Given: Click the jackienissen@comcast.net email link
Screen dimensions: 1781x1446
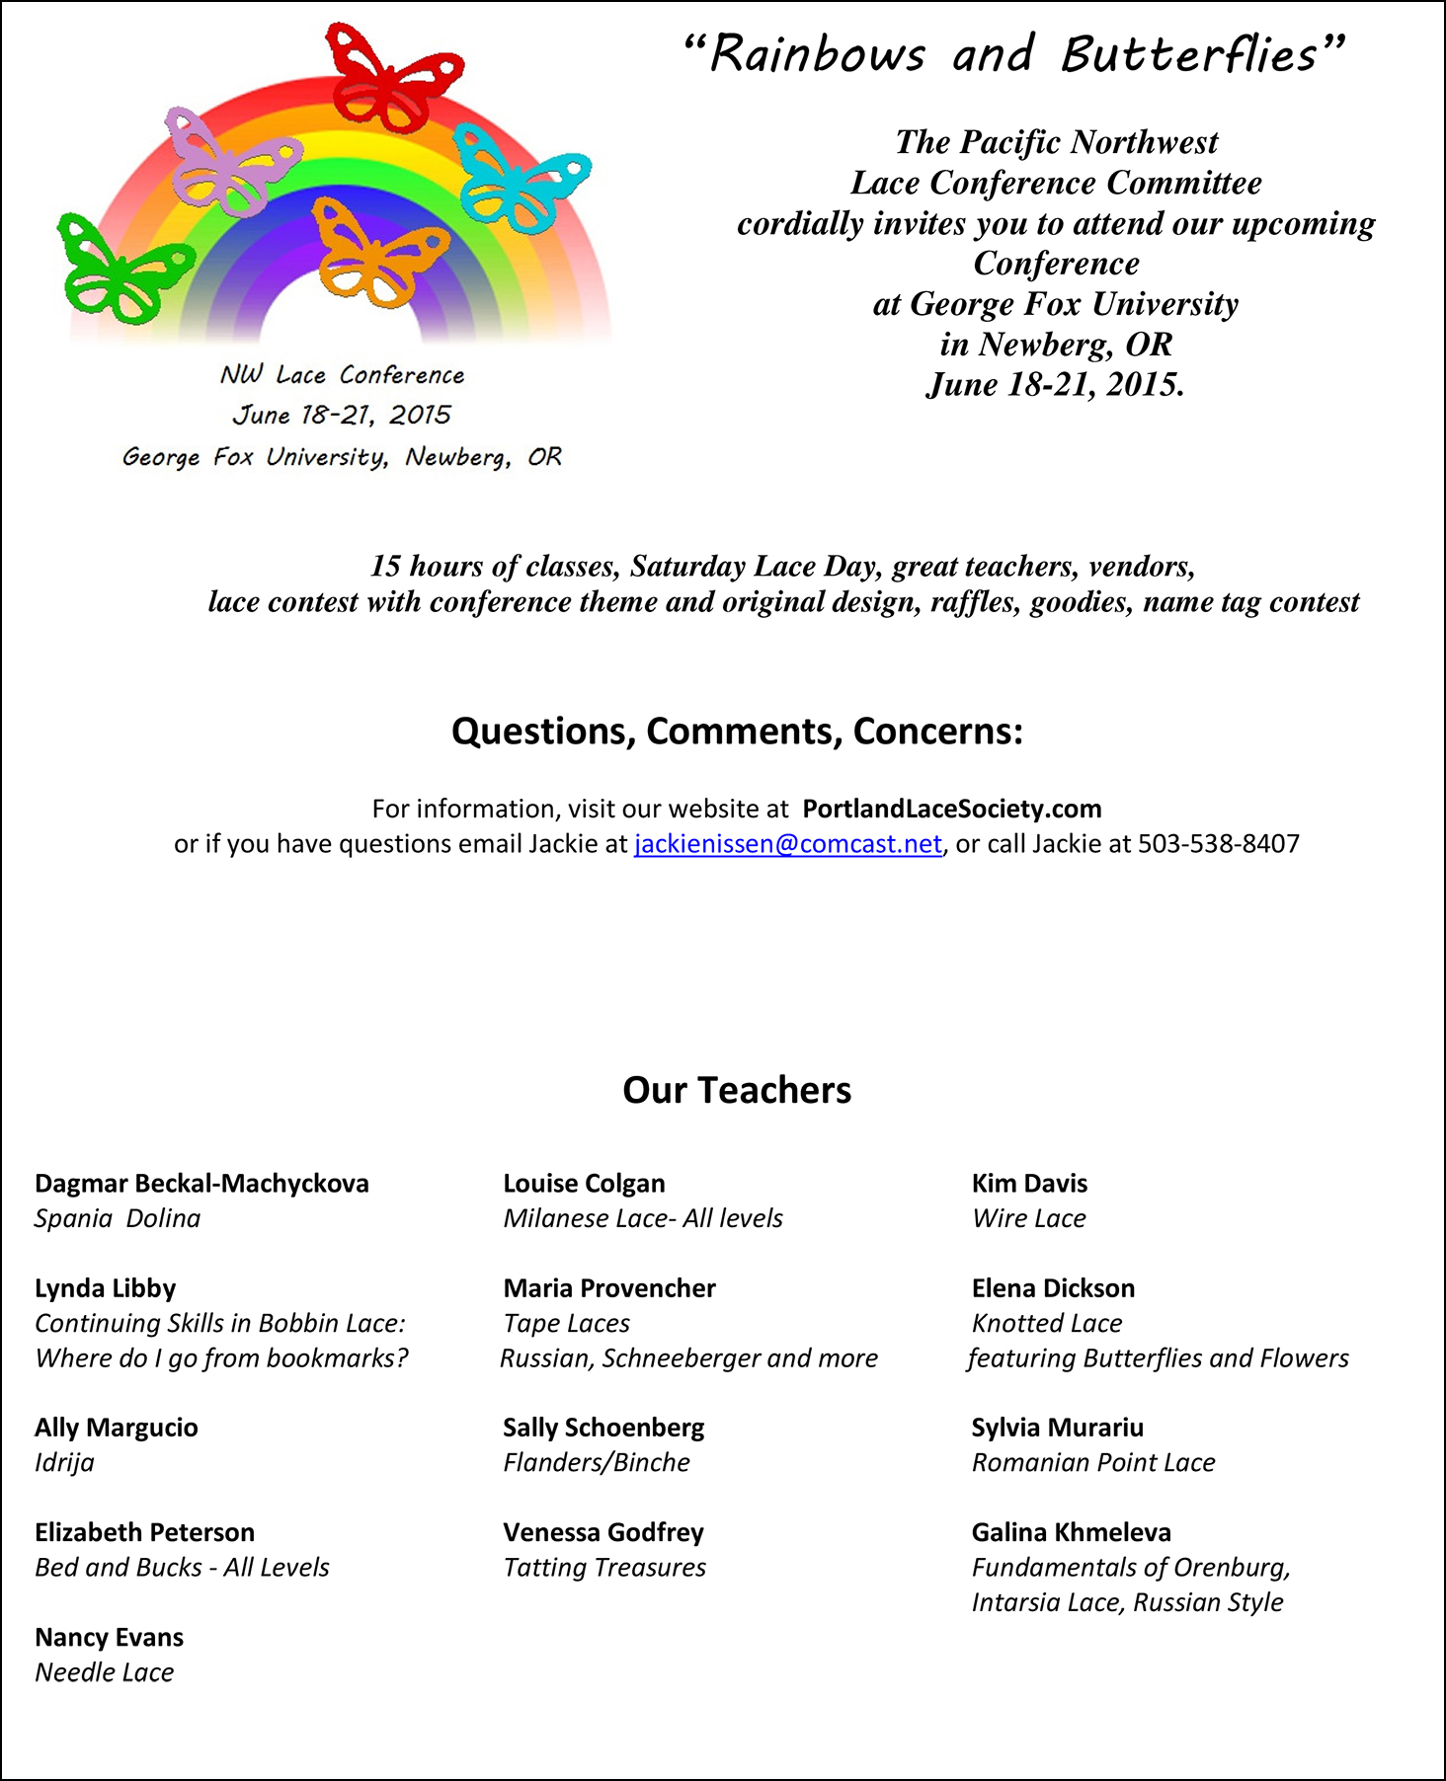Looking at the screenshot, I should (x=787, y=844).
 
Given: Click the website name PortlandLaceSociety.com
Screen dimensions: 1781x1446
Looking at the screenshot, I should (x=951, y=810).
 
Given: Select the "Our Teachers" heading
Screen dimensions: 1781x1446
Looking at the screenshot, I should (x=737, y=1090).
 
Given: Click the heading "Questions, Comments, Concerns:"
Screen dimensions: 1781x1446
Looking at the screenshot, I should (x=737, y=732).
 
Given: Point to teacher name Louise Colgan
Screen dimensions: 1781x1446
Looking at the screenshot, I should (x=584, y=1184).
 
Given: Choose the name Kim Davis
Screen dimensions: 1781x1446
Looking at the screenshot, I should (x=1029, y=1184).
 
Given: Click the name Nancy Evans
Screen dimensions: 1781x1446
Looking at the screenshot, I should (x=109, y=1638).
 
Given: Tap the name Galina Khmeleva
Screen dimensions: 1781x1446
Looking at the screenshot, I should (x=1071, y=1532).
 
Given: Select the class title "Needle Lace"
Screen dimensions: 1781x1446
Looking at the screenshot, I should (x=104, y=1672).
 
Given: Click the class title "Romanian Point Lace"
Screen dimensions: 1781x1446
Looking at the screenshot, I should (x=1092, y=1462).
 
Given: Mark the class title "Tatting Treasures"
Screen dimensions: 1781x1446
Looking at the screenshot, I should (x=604, y=1568).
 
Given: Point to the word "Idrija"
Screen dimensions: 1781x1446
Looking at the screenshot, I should (x=64, y=1462).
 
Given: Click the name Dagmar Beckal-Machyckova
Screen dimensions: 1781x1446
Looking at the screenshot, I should (x=201, y=1184).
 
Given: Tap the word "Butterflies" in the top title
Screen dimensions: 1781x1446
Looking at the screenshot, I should (x=1189, y=54).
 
